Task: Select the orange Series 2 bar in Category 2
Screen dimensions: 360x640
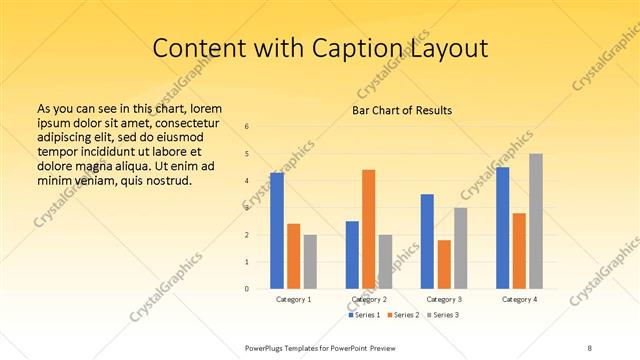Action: pyautogui.click(x=369, y=229)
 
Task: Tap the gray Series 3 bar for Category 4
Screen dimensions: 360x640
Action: pyautogui.click(x=536, y=221)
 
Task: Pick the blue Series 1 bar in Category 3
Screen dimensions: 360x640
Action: pyautogui.click(x=427, y=241)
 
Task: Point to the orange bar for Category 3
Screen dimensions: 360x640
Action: pyautogui.click(x=444, y=264)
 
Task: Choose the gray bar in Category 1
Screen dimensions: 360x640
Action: pyautogui.click(x=310, y=261)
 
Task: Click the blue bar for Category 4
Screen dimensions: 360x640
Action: pyautogui.click(x=503, y=227)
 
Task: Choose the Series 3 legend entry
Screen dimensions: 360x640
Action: pyautogui.click(x=441, y=315)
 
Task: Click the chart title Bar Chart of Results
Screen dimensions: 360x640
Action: pyautogui.click(x=402, y=110)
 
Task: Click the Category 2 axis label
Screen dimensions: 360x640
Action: pyautogui.click(x=369, y=299)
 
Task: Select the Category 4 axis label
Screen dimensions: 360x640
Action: pyautogui.click(x=519, y=299)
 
